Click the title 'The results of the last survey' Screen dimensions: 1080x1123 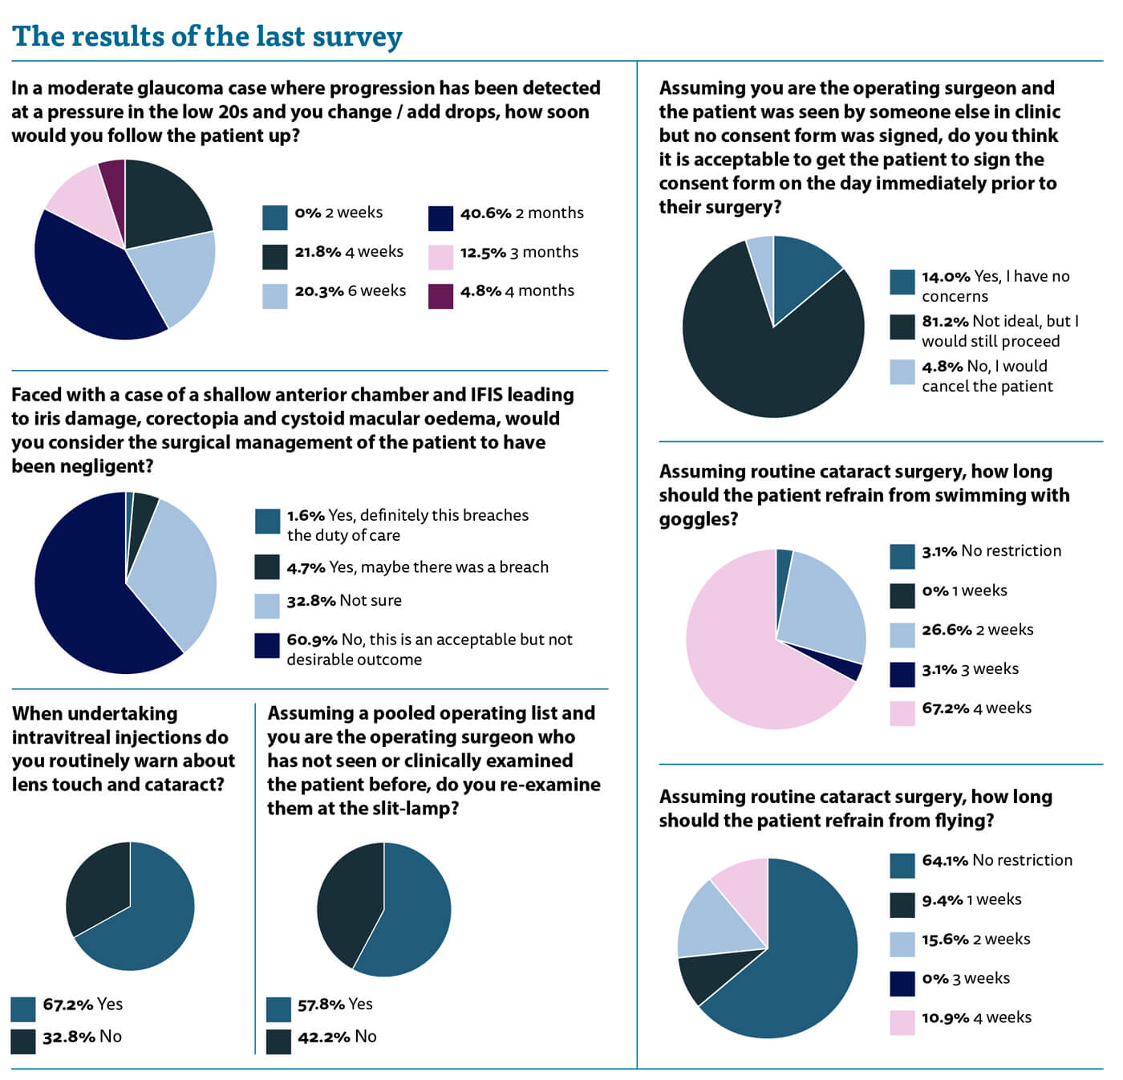pyautogui.click(x=207, y=36)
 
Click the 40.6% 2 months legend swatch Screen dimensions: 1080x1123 pyautogui.click(x=440, y=218)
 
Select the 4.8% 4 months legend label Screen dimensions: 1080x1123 pyautogui.click(x=517, y=291)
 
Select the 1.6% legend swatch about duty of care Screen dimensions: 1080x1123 pyautogui.click(x=267, y=522)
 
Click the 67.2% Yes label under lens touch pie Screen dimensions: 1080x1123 pyautogui.click(x=83, y=1005)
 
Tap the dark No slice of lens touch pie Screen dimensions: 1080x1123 pyautogui.click(x=96, y=887)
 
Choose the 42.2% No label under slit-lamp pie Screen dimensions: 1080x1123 pyautogui.click(x=337, y=1037)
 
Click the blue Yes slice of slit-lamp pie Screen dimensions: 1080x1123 pyautogui.click(x=413, y=915)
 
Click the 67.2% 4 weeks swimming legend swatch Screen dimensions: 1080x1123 pyautogui.click(x=902, y=713)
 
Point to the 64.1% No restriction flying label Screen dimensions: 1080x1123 pyautogui.click(x=997, y=861)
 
